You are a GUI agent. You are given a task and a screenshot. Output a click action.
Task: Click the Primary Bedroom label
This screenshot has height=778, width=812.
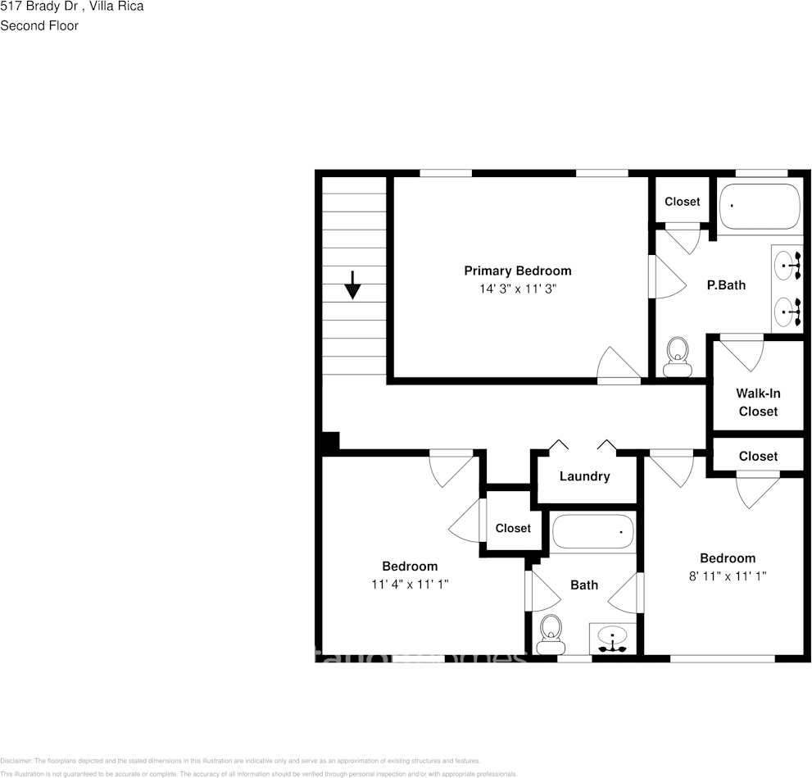[517, 271]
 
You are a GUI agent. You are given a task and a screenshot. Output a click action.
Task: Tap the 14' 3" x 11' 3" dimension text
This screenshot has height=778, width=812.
[517, 289]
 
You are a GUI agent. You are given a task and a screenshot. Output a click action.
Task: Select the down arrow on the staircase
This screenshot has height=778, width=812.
[352, 284]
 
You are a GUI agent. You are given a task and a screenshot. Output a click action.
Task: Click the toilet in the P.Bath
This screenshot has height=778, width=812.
[677, 357]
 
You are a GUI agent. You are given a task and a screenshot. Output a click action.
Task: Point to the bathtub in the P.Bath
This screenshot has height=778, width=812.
[759, 207]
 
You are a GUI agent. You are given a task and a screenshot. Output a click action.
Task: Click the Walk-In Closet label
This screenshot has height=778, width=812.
[758, 403]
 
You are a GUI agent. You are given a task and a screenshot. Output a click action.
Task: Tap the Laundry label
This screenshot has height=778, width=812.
[584, 476]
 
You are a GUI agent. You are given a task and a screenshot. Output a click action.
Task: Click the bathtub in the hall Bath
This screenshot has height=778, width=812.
[593, 531]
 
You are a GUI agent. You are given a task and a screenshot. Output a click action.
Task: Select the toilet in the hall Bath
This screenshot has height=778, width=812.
[551, 634]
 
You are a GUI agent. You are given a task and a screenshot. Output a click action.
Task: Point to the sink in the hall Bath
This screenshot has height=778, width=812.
[614, 638]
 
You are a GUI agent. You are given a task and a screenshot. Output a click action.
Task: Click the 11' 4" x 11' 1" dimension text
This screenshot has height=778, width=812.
[410, 585]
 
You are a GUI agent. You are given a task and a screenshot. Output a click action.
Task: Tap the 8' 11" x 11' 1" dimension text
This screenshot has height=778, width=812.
[728, 576]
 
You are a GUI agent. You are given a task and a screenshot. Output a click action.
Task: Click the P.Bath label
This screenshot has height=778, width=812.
[726, 285]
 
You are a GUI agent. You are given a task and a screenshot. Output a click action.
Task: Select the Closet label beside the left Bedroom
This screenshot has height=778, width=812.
[513, 529]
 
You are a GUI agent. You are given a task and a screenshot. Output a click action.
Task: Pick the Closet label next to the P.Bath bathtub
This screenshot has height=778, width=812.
[682, 202]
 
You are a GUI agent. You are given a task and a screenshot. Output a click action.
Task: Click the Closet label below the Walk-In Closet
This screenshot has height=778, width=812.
[758, 456]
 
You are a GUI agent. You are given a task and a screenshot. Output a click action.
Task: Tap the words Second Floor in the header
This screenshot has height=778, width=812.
[39, 25]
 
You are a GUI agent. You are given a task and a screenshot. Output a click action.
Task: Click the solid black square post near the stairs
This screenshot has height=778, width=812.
[329, 443]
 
